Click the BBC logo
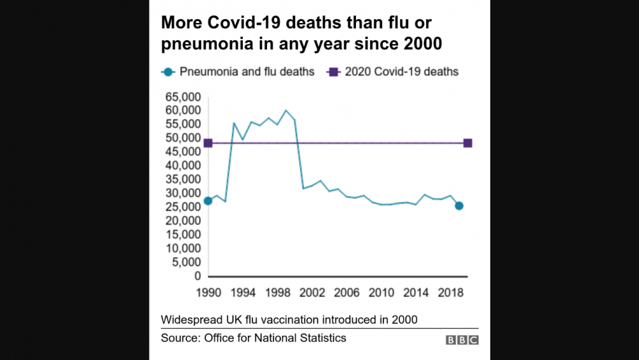pos(461,340)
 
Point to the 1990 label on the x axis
pos(208,293)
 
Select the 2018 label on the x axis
pos(450,293)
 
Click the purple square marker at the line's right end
pos(468,143)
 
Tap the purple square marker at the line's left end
pos(208,143)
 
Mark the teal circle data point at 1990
pos(208,201)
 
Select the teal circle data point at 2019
pos(459,205)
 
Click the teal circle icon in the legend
pos(167,72)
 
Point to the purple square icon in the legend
pos(332,72)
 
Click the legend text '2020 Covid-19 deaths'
pos(401,72)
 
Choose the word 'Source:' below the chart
pos(180,338)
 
